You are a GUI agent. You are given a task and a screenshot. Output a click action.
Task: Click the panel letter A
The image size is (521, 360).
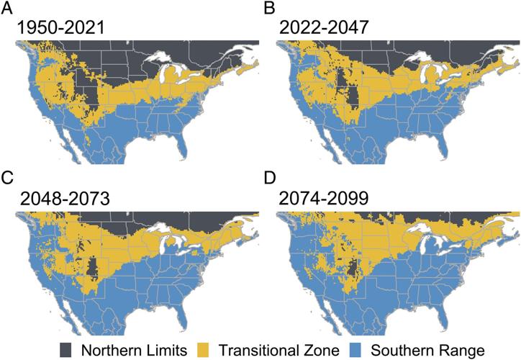click(x=7, y=9)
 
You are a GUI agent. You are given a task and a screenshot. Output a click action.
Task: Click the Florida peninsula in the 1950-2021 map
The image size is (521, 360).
click(x=186, y=147)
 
